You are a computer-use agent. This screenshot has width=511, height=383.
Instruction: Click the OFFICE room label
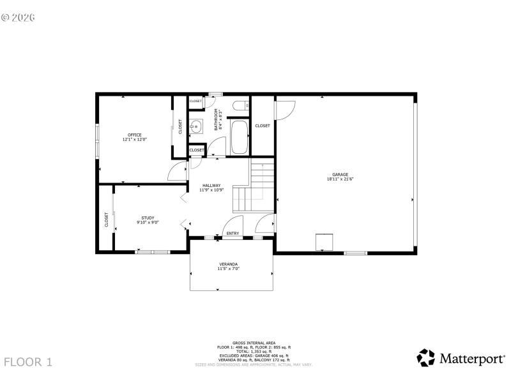pos(134,135)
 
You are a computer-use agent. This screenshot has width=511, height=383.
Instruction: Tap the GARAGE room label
pos(340,174)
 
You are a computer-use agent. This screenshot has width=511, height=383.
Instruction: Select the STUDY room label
pos(148,218)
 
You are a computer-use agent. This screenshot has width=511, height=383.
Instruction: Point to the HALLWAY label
pos(211,185)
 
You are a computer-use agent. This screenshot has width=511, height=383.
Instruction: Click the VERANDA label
pos(229,264)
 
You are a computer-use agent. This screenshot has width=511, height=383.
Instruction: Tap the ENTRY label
pos(233,234)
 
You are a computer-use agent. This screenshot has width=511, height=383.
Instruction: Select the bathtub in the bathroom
pos(238,137)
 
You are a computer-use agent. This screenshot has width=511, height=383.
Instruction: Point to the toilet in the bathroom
pos(240,106)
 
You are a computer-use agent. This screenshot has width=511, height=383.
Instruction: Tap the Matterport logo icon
pos(426,357)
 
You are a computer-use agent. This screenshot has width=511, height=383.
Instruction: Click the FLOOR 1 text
pos(28,362)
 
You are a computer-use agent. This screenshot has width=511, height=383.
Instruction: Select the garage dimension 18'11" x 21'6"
pos(340,179)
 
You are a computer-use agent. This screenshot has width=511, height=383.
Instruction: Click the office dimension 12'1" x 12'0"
pos(134,139)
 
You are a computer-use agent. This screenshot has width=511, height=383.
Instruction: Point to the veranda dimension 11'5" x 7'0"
pos(229,269)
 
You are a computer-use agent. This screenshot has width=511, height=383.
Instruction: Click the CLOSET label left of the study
pos(107,220)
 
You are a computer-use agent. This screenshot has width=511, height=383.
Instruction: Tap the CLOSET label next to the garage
pos(263,126)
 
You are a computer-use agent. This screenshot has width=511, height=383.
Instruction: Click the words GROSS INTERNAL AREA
pos(254,343)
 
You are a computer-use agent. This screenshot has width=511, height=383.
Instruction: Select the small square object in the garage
pos(325,242)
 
